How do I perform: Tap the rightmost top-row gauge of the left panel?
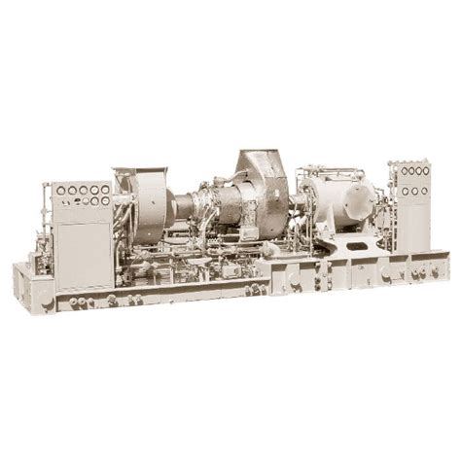[x=106, y=189]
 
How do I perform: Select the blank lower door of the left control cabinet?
[x=82, y=255]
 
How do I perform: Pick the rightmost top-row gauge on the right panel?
[x=425, y=171]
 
